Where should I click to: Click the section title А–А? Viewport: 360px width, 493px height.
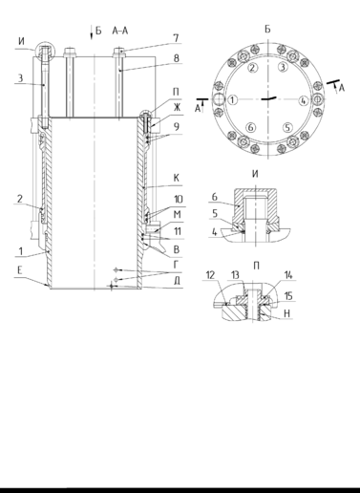[x=120, y=31]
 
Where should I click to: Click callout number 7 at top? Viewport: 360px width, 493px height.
[x=176, y=38]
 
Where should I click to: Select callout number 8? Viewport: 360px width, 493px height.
[x=176, y=58]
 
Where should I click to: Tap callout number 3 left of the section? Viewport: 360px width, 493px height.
[x=20, y=78]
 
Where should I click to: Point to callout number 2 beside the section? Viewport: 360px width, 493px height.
[x=20, y=199]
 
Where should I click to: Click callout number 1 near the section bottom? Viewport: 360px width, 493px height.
[x=21, y=251]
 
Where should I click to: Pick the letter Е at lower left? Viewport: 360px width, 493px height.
[x=20, y=271]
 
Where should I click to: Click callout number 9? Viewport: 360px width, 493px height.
[x=176, y=127]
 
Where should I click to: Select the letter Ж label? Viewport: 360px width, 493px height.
[x=177, y=107]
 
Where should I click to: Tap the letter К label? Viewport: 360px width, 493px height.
[x=177, y=178]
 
